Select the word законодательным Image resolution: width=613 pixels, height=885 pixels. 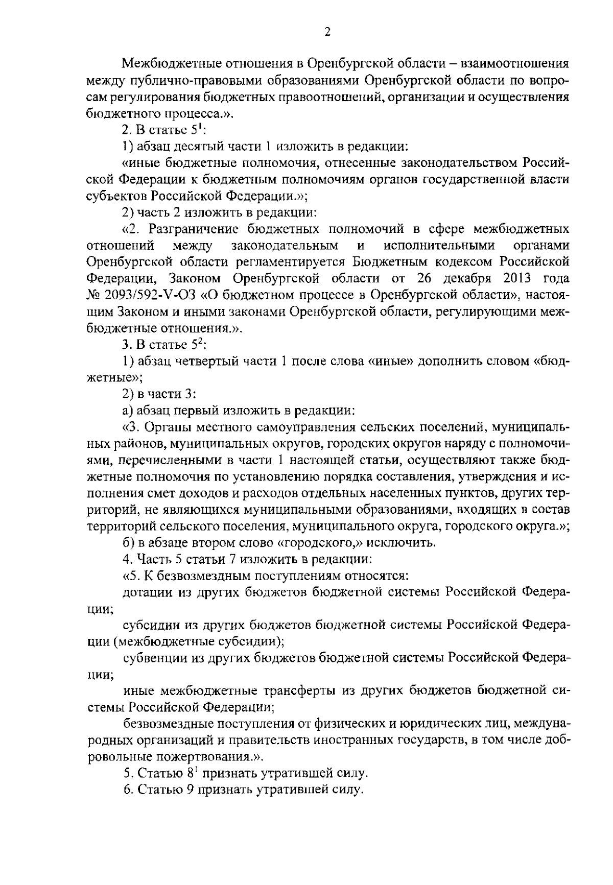(285, 246)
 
